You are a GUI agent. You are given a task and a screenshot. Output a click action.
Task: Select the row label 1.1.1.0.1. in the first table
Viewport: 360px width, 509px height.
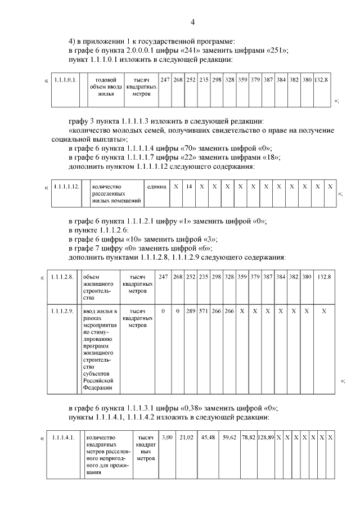pyautogui.click(x=65, y=80)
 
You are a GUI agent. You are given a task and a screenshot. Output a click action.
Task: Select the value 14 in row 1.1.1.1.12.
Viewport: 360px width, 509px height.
pyautogui.click(x=189, y=186)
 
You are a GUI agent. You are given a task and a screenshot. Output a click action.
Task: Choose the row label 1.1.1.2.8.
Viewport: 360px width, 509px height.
pyautogui.click(x=62, y=277)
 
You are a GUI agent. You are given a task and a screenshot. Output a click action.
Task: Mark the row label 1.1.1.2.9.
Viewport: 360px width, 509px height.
pyautogui.click(x=62, y=310)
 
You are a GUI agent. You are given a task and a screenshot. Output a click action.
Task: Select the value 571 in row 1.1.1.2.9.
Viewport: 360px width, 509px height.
pyautogui.click(x=204, y=310)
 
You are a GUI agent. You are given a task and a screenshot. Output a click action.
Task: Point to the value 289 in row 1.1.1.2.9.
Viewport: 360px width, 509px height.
pyautogui.click(x=190, y=310)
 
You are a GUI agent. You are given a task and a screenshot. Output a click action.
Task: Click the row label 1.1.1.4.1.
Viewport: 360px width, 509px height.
pyautogui.click(x=63, y=437)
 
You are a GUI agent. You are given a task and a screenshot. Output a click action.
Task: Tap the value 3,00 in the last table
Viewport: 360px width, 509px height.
pyautogui.click(x=167, y=437)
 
